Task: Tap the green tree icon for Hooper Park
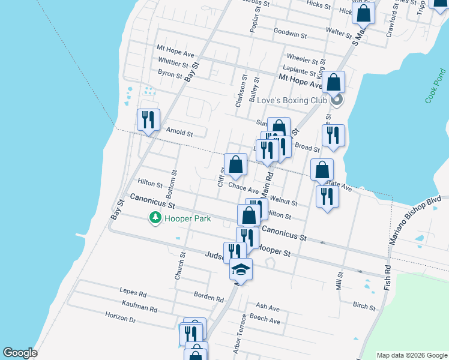pyautogui.click(x=155, y=218)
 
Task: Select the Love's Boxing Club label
pyautogui.click(x=291, y=100)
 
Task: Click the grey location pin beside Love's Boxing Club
pyautogui.click(x=337, y=100)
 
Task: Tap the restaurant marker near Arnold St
pyautogui.click(x=148, y=119)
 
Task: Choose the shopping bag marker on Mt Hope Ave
pyautogui.click(x=334, y=82)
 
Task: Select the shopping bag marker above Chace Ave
pyautogui.click(x=235, y=164)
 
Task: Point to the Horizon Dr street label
pyautogui.click(x=121, y=320)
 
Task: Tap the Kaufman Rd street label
pyautogui.click(x=139, y=308)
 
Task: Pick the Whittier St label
pyautogui.click(x=173, y=62)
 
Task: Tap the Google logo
pyautogui.click(x=20, y=353)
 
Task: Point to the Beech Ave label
pyautogui.click(x=265, y=321)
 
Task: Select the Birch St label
pyautogui.click(x=364, y=307)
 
